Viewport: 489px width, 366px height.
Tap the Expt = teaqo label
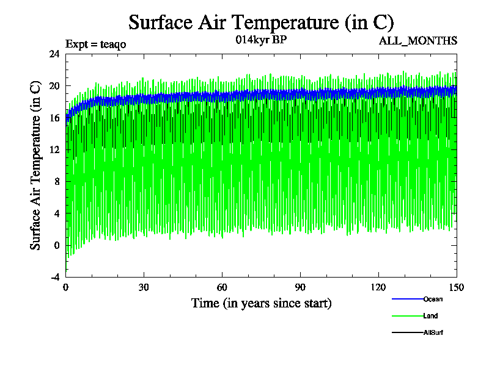pyautogui.click(x=95, y=44)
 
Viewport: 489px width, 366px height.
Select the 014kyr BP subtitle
pyautogui.click(x=261, y=40)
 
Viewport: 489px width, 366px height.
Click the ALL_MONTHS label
pyautogui.click(x=418, y=41)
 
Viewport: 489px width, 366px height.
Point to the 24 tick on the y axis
pyautogui.click(x=54, y=54)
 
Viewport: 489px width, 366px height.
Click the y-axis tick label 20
pyautogui.click(x=54, y=85)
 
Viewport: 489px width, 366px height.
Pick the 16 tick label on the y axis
pyautogui.click(x=54, y=118)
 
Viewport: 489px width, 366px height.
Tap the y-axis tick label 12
pyautogui.click(x=54, y=149)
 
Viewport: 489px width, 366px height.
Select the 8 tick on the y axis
pyautogui.click(x=56, y=181)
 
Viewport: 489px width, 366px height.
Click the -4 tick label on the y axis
pyautogui.click(x=54, y=277)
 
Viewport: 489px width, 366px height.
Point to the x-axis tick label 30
pyautogui.click(x=144, y=288)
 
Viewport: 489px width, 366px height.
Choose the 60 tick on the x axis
pyautogui.click(x=222, y=288)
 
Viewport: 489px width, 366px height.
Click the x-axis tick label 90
pyautogui.click(x=300, y=288)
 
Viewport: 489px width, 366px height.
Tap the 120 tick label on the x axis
pyautogui.click(x=378, y=288)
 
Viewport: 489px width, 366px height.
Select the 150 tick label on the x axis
pyautogui.click(x=457, y=288)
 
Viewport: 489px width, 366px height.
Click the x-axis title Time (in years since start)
pyautogui.click(x=261, y=303)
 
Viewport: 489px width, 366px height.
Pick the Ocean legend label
pyautogui.click(x=433, y=299)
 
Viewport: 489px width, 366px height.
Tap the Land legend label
pyautogui.click(x=430, y=316)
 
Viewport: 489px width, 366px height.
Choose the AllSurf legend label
pyautogui.click(x=433, y=332)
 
